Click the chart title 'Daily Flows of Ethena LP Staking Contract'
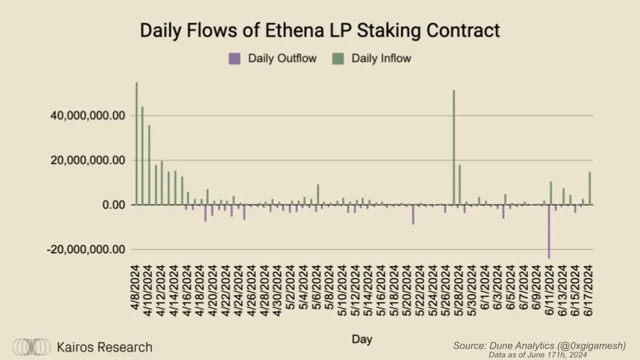pyautogui.click(x=319, y=31)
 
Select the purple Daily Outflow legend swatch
pyautogui.click(x=234, y=59)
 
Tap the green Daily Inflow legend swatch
pyautogui.click(x=337, y=59)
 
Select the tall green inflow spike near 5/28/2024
pyautogui.click(x=454, y=147)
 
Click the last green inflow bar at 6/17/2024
pyautogui.click(x=590, y=189)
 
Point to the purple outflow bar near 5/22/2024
pyautogui.click(x=413, y=214)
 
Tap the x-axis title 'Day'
pyautogui.click(x=362, y=339)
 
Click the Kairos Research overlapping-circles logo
pyautogui.click(x=32, y=347)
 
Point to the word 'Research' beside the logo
pyautogui.click(x=125, y=347)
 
